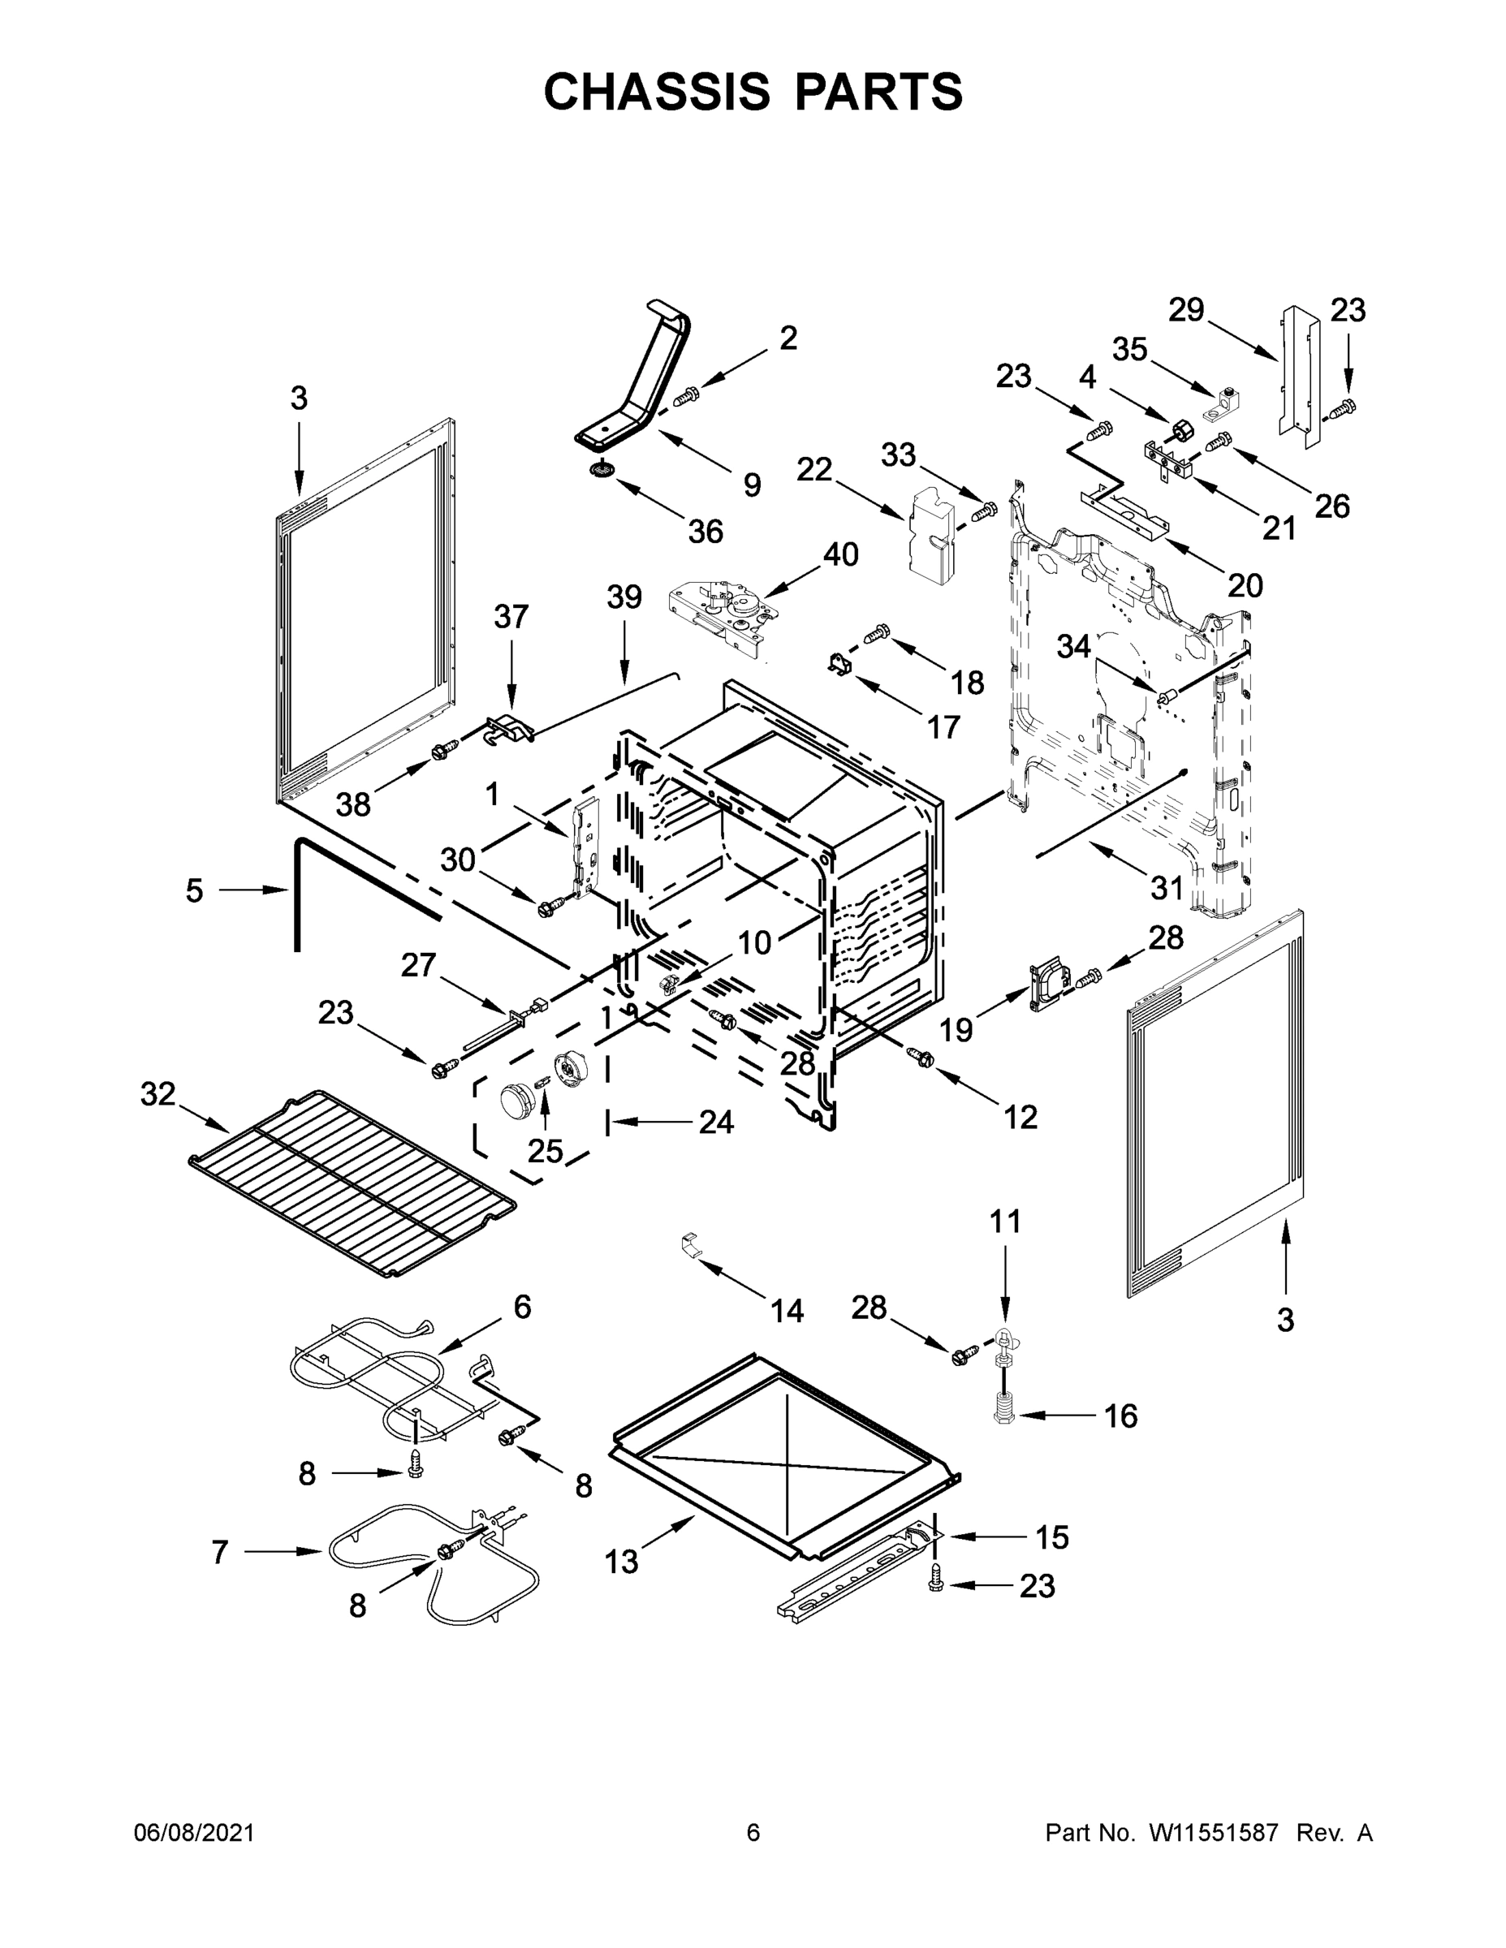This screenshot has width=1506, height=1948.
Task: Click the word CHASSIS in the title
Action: pos(657,92)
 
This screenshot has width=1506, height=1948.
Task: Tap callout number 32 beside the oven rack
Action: pos(158,1093)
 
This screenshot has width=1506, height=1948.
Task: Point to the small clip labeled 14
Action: pos(688,1243)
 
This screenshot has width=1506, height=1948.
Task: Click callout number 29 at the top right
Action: pos(1187,309)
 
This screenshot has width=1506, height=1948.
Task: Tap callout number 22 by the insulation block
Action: pos(813,469)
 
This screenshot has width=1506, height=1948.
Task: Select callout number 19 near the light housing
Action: pos(956,1030)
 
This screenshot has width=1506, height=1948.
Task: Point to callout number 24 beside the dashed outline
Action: pos(715,1122)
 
